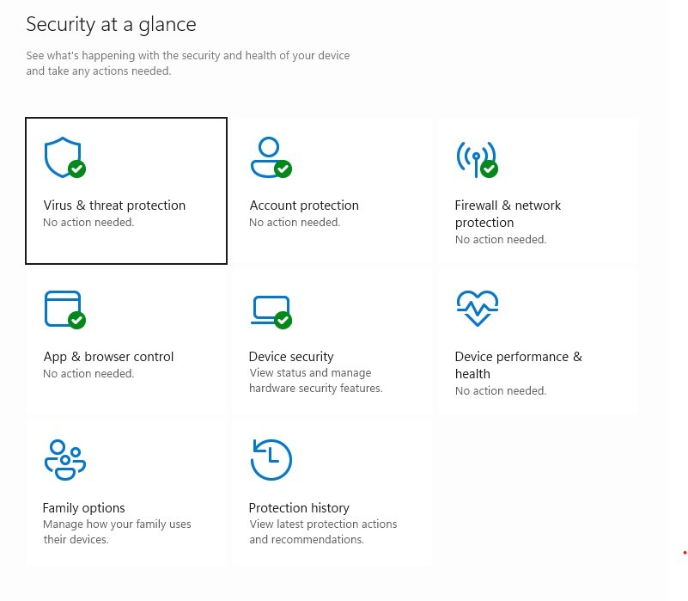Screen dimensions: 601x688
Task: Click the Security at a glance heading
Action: point(111,25)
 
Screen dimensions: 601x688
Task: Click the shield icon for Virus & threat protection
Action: point(62,156)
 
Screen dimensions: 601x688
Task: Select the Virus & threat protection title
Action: point(114,205)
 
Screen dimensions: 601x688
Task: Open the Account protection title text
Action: point(304,205)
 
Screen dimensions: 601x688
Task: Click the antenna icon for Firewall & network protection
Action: point(475,156)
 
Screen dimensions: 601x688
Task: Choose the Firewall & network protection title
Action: point(508,213)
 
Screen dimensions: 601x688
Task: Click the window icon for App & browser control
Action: point(62,309)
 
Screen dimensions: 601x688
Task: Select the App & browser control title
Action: point(108,357)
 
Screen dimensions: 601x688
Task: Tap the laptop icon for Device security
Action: point(269,309)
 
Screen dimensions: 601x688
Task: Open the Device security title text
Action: point(291,357)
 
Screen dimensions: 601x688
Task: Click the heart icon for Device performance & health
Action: point(477,308)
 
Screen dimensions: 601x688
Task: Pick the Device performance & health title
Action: point(518,365)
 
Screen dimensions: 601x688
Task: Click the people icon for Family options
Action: point(64,459)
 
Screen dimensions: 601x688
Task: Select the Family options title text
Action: point(84,508)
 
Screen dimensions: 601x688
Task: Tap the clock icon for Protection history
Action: point(271,459)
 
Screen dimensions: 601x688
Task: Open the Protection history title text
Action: point(299,508)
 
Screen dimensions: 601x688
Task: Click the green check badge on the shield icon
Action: point(77,169)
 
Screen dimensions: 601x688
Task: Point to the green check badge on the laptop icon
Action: point(283,321)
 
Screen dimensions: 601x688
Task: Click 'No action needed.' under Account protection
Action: point(295,223)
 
